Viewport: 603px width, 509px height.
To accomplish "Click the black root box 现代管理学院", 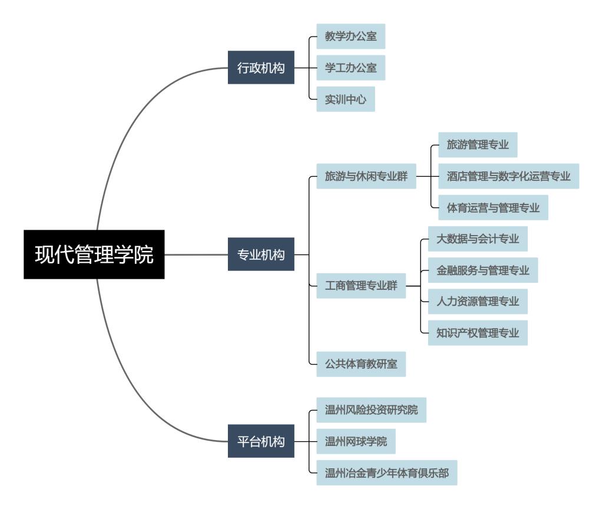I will [94, 254].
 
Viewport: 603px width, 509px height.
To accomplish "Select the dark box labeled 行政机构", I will [261, 67].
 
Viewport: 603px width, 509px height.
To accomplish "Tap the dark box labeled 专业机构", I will [261, 254].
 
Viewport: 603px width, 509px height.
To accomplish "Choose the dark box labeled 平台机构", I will [261, 441].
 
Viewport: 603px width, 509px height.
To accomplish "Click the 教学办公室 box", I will [351, 36].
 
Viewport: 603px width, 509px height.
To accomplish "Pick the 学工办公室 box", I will [351, 67].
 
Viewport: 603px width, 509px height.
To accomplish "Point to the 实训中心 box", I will [346, 99].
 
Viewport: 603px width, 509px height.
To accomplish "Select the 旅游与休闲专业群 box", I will [366, 176].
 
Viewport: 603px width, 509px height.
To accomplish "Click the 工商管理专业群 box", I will [361, 286].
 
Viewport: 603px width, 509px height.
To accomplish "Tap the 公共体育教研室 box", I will [361, 364].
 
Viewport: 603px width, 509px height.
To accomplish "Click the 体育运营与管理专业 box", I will [489, 207].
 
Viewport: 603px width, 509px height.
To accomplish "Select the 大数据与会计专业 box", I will [478, 239].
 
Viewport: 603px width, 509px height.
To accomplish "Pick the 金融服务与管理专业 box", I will [483, 270].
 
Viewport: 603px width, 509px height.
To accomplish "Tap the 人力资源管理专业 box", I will [478, 301].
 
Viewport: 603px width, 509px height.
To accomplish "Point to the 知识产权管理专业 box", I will [478, 333].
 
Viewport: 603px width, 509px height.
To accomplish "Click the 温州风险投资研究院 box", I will [372, 410].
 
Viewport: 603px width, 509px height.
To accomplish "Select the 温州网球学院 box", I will [356, 441].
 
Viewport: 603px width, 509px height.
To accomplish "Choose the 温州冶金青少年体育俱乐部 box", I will [387, 472].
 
